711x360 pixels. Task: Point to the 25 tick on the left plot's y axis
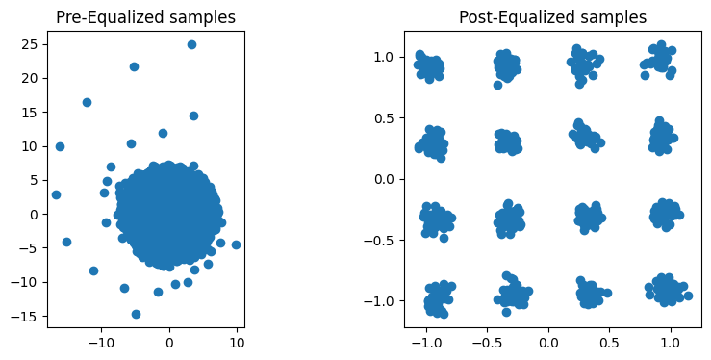click(x=34, y=44)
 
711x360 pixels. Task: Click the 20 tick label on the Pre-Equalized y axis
click(x=34, y=79)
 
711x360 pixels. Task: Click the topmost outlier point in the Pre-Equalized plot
click(x=191, y=44)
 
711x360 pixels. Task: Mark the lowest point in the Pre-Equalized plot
click(x=136, y=314)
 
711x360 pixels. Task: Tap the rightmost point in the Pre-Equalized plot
click(x=236, y=244)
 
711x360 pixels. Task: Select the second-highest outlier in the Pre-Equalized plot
click(x=134, y=66)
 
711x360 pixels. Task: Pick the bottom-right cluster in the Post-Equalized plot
click(x=666, y=289)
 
